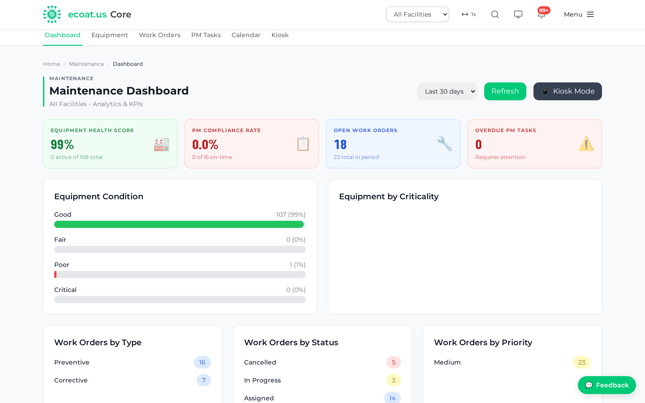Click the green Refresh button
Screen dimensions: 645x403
pos(505,91)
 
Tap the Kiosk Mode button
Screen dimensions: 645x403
pos(568,91)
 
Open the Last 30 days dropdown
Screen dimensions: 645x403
pos(447,91)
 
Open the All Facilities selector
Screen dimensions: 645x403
pos(417,14)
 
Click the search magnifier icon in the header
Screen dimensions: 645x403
pos(495,14)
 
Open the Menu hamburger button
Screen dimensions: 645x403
pos(579,14)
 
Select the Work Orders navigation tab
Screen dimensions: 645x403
pos(160,35)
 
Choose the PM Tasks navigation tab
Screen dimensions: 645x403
pos(206,35)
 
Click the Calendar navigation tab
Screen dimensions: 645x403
pos(246,35)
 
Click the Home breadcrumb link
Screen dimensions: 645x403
pos(52,64)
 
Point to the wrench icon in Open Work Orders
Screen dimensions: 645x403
pos(444,144)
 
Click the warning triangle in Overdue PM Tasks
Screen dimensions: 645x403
pos(586,144)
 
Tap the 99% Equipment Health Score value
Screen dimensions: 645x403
pos(62,144)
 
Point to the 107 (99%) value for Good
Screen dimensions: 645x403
pos(291,214)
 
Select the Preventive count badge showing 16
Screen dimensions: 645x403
pos(202,362)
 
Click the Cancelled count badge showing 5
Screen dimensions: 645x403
pos(394,362)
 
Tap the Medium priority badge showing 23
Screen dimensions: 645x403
pos(582,362)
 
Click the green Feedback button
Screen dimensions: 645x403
pos(607,385)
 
